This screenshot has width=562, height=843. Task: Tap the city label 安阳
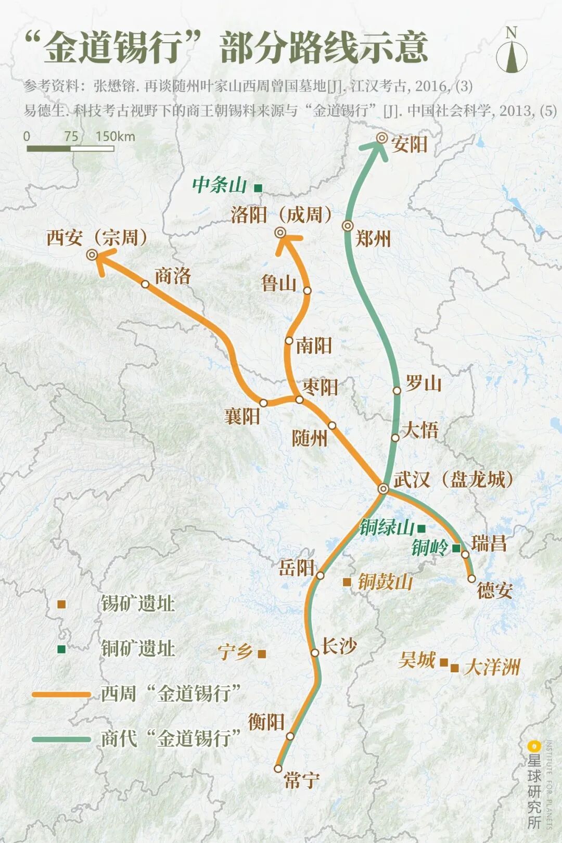(410, 144)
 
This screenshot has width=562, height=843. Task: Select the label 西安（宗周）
(97, 238)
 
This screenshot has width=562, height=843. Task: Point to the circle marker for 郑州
(348, 226)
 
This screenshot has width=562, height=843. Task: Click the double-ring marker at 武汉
(383, 489)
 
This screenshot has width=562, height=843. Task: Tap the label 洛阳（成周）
(282, 214)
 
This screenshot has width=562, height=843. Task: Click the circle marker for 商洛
(145, 284)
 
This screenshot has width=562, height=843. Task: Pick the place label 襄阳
(242, 416)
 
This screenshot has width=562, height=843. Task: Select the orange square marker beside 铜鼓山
(347, 582)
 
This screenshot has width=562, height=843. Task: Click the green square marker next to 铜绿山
(421, 528)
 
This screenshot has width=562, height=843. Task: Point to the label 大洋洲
(492, 667)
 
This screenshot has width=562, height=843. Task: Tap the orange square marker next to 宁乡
(262, 654)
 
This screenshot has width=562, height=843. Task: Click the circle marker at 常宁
(278, 768)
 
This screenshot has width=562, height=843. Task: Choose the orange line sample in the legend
(61, 694)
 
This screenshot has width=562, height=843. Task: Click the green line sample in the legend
(61, 739)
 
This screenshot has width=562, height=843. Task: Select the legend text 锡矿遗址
(138, 604)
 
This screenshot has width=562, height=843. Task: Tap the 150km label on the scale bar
(115, 137)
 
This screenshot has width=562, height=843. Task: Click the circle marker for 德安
(471, 578)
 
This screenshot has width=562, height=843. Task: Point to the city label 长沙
(339, 646)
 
